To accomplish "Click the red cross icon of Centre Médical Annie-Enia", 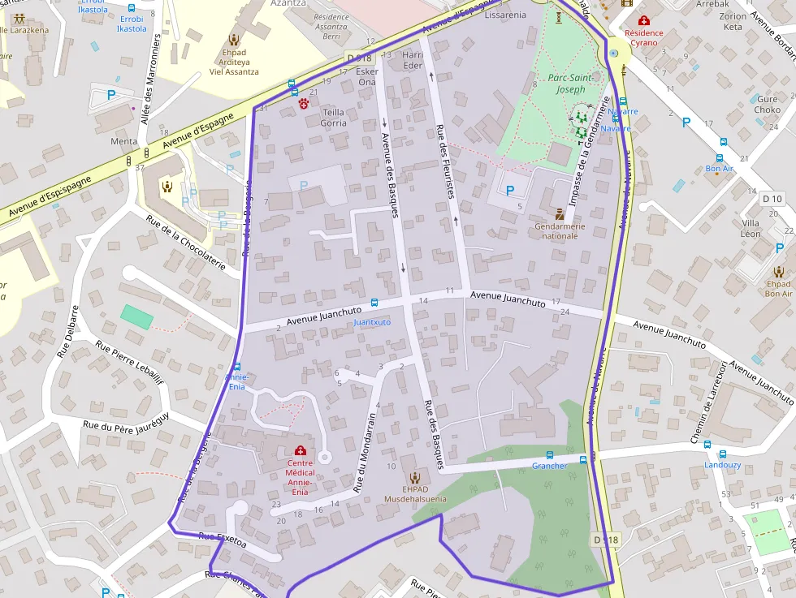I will pyautogui.click(x=300, y=450).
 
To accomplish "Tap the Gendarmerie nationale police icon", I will pyautogui.click(x=560, y=213).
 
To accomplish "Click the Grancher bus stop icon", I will pyautogui.click(x=550, y=455).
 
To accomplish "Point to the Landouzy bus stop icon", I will pyautogui.click(x=707, y=445).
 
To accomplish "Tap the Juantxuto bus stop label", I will pyautogui.click(x=372, y=322).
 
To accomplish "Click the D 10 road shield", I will pyautogui.click(x=772, y=199).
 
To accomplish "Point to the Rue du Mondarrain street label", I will pyautogui.click(x=364, y=453).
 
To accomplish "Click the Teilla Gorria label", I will pyautogui.click(x=333, y=118).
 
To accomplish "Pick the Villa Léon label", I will pyautogui.click(x=751, y=228).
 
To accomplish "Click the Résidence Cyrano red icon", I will pyautogui.click(x=644, y=20).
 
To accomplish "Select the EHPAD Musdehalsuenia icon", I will pyautogui.click(x=415, y=477).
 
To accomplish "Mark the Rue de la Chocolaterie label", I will pyautogui.click(x=186, y=241).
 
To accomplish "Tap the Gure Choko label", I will pyautogui.click(x=767, y=104).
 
